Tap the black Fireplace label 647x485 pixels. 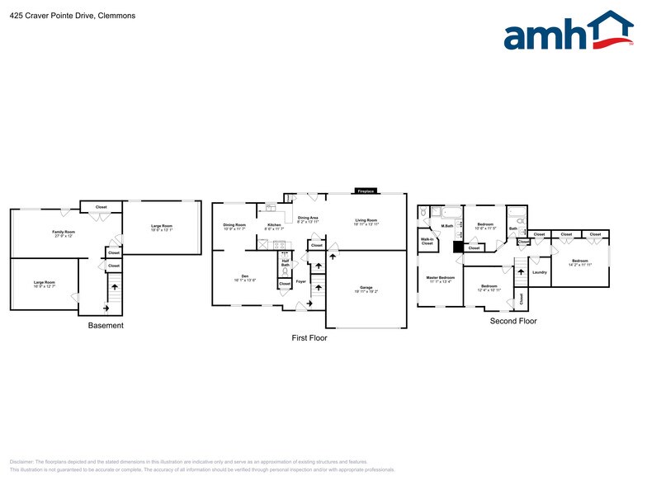click(366, 191)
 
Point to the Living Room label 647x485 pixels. click(366, 221)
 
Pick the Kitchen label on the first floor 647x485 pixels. click(274, 225)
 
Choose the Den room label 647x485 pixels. click(244, 276)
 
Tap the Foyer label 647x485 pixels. click(301, 281)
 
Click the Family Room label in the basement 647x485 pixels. click(64, 233)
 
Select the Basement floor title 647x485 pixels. click(106, 326)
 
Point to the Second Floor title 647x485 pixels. click(513, 321)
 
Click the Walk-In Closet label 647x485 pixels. click(427, 242)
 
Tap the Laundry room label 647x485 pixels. click(540, 272)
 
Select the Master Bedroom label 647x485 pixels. click(441, 278)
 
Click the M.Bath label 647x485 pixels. click(447, 226)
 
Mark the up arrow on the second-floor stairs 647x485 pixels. click(521, 271)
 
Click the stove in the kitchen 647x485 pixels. click(279, 244)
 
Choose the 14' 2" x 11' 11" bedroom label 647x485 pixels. click(579, 262)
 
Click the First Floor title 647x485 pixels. click(309, 337)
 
